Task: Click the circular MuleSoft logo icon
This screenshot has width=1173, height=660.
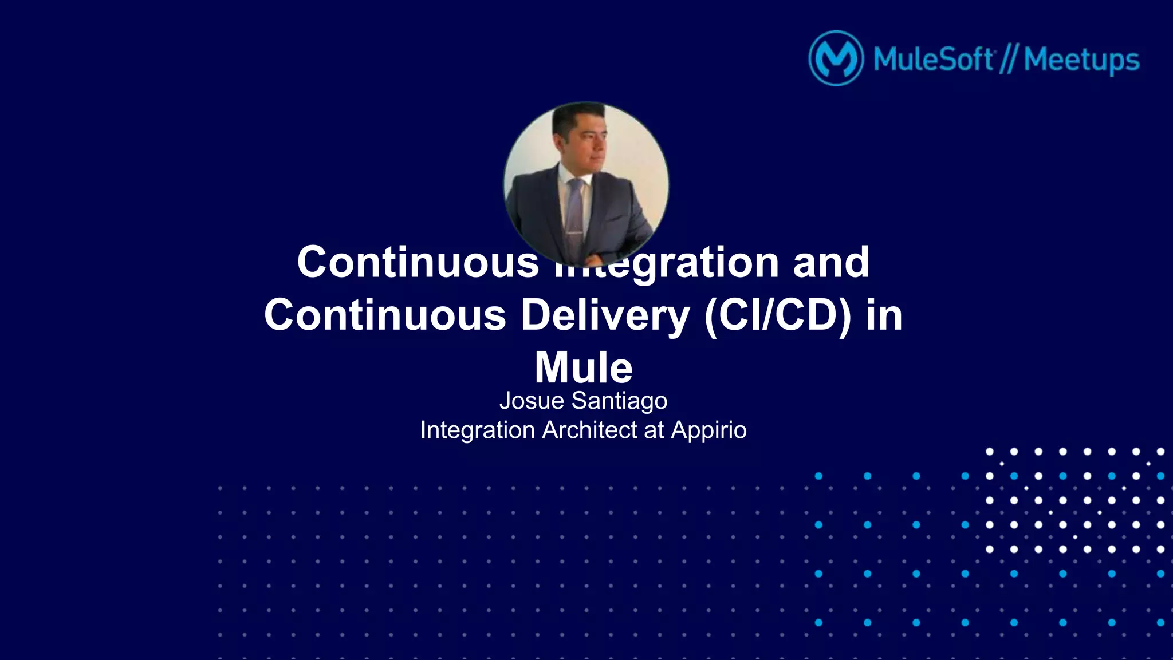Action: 836,58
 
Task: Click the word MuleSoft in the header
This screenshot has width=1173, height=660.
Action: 933,59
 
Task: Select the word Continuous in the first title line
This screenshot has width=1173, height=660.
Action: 418,262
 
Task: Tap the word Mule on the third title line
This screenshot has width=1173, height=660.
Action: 583,367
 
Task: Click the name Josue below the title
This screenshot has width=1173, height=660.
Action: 532,401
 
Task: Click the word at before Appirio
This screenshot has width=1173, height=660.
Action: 654,430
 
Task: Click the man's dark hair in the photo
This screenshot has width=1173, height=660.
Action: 576,118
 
